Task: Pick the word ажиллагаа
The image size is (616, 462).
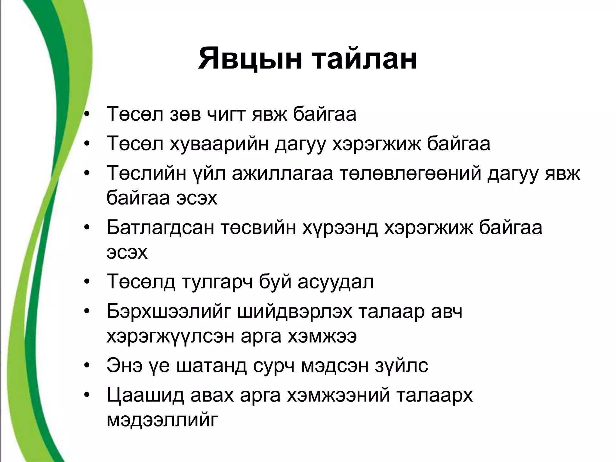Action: coord(282,174)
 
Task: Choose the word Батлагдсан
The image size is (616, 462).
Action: coord(160,228)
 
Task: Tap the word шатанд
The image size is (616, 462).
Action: coord(211,366)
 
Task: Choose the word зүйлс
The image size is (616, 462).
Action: coord(401,366)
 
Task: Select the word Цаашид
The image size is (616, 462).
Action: coord(145,395)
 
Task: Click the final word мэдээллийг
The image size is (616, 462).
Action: coord(162,420)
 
